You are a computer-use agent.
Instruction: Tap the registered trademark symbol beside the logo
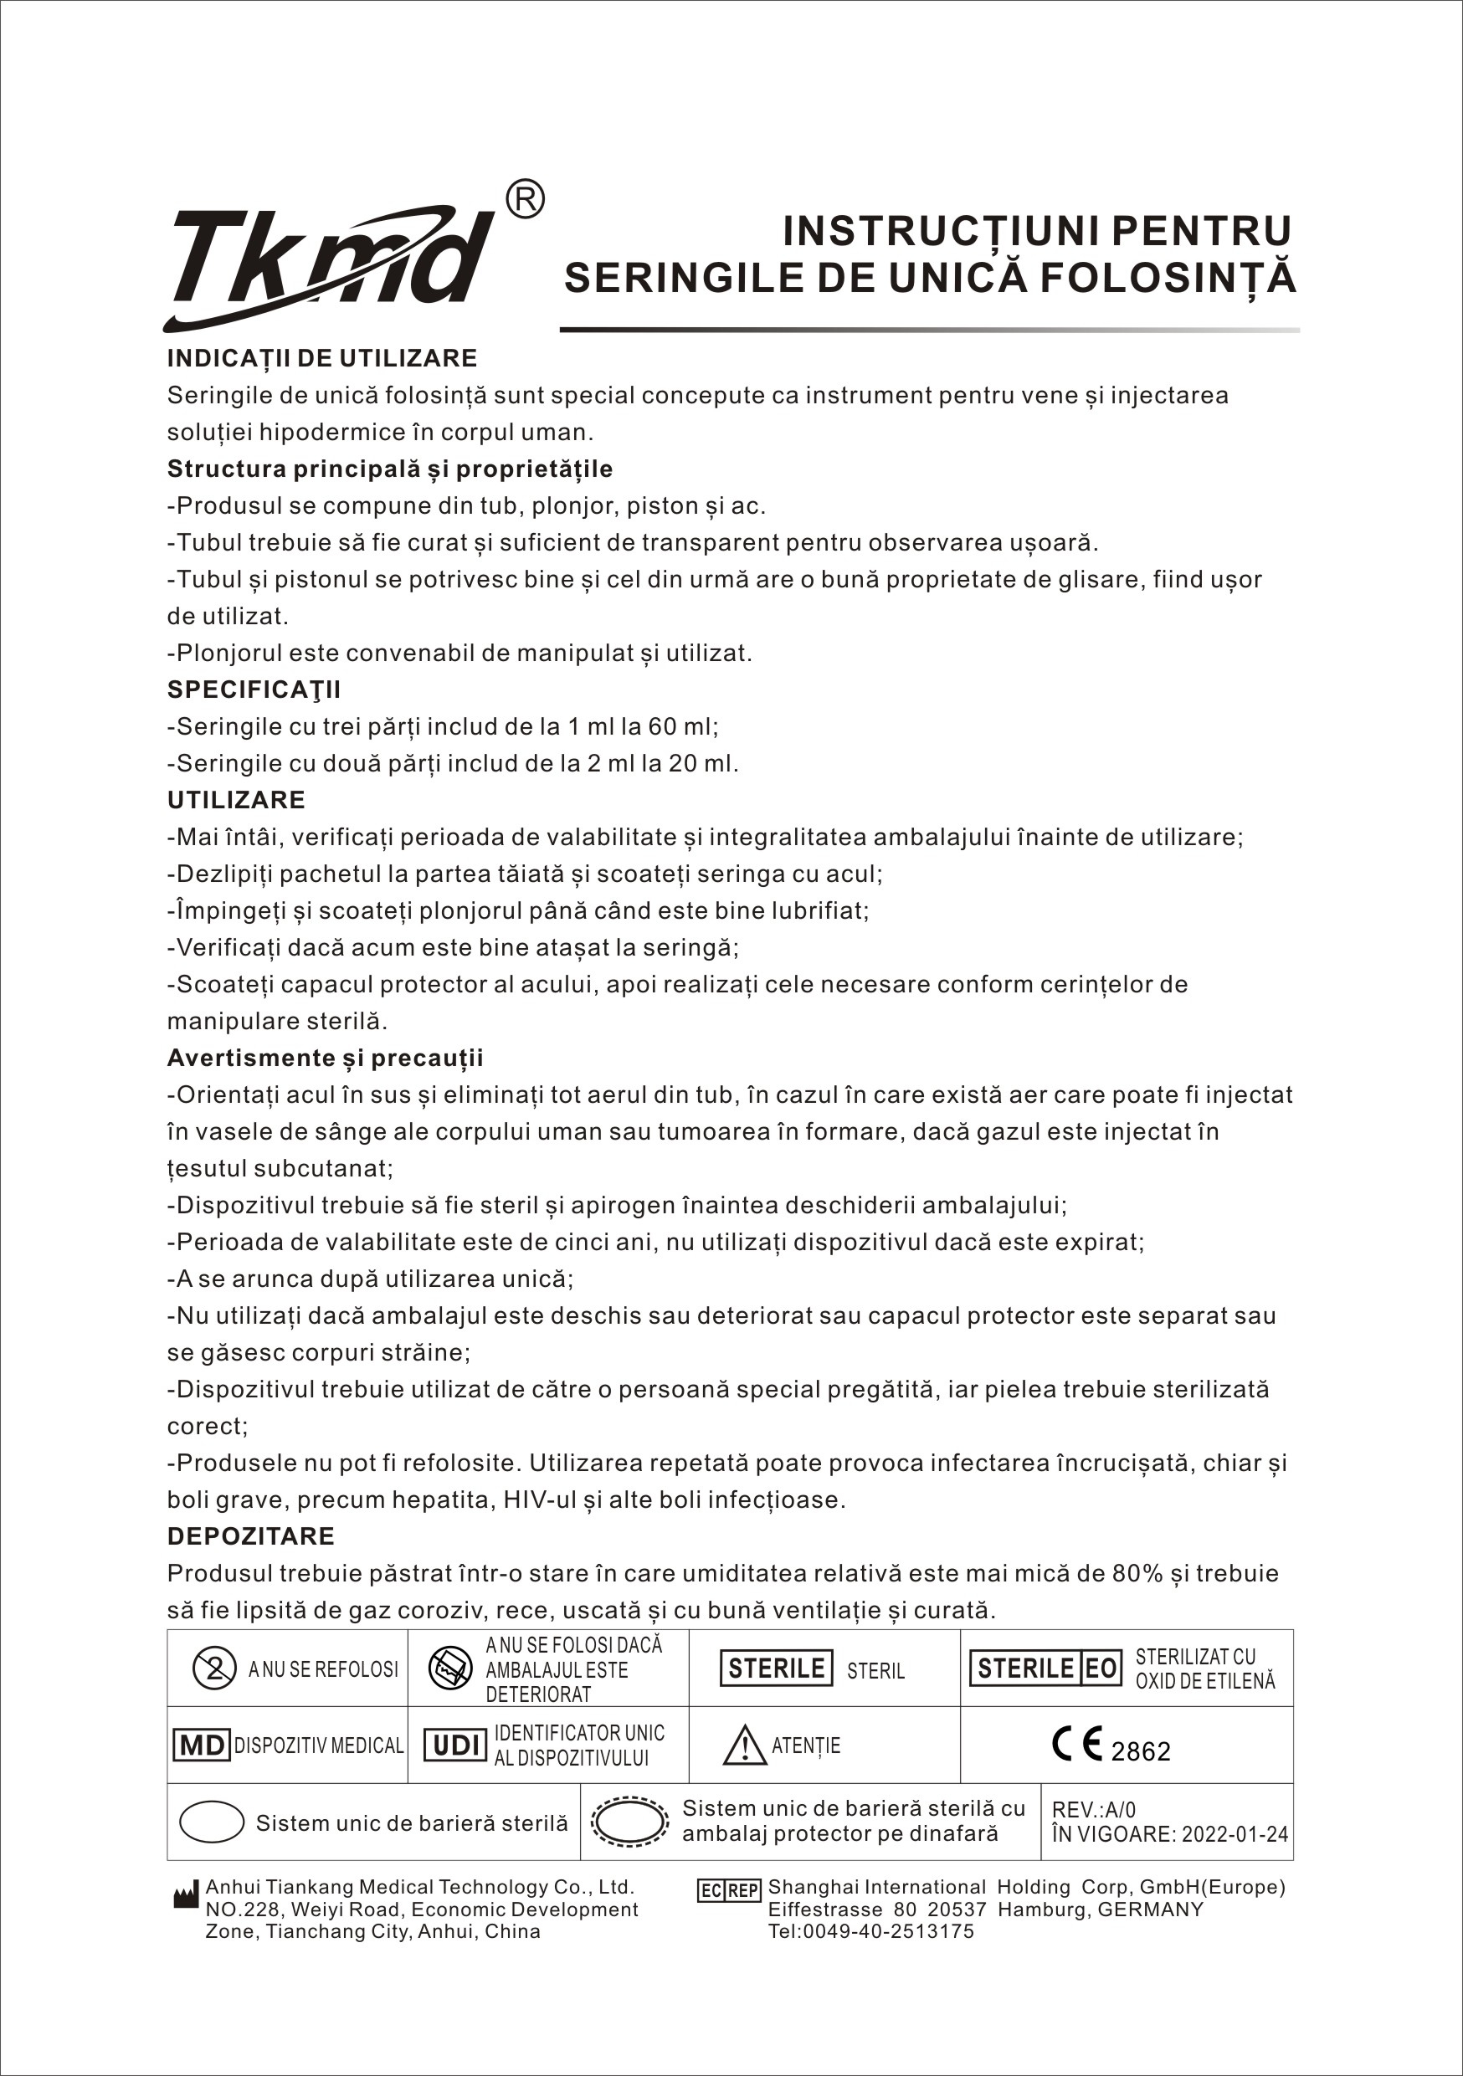(x=525, y=200)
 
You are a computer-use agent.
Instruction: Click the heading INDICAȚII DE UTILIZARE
(x=322, y=358)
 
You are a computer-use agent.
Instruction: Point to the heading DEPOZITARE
(x=250, y=1536)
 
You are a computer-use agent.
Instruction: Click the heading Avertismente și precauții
(x=325, y=1058)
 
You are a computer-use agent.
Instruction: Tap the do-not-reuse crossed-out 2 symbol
(x=215, y=1668)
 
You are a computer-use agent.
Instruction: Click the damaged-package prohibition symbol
(x=450, y=1668)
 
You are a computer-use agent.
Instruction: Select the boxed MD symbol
(x=201, y=1745)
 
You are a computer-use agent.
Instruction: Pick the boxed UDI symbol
(x=454, y=1745)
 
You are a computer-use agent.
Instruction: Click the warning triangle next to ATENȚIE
(x=744, y=1745)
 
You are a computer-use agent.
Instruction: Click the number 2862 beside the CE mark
(x=1140, y=1752)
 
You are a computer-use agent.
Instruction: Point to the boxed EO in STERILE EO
(x=1101, y=1668)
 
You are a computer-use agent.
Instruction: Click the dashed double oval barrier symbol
(x=630, y=1821)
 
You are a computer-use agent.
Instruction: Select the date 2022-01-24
(x=1235, y=1834)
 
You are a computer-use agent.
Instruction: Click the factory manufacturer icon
(x=185, y=1895)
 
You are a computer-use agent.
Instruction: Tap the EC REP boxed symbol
(x=729, y=1890)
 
